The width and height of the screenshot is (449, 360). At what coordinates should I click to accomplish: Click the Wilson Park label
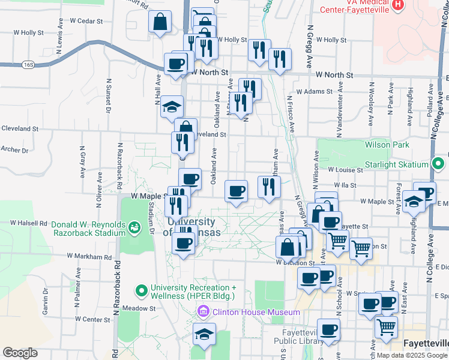[x=387, y=145]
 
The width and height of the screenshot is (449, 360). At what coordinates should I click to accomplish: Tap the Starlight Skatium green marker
[x=438, y=163]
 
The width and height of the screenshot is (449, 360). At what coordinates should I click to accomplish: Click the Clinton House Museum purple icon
[x=203, y=312]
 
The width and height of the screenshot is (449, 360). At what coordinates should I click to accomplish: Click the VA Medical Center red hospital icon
[x=397, y=5]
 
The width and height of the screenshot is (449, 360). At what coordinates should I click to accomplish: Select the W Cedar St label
[x=86, y=20]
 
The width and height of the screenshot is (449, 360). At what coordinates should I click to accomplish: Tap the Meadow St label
[x=139, y=308]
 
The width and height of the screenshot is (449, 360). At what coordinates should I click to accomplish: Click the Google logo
[x=20, y=353]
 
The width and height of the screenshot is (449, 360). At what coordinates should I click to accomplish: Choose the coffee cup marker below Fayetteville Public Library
[x=329, y=330]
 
